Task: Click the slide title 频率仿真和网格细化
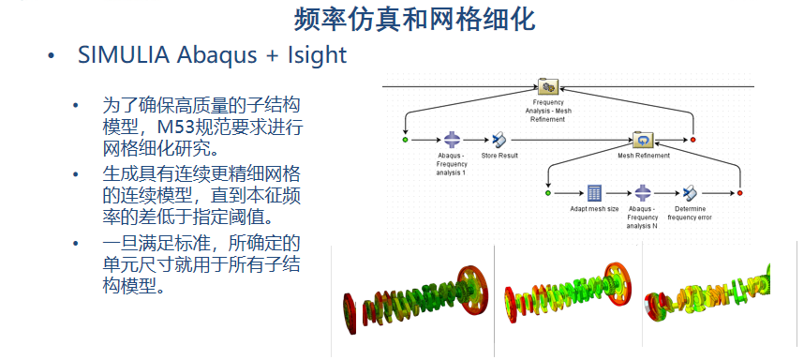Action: point(415,20)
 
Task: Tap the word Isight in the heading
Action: point(318,55)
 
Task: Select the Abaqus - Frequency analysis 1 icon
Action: point(452,140)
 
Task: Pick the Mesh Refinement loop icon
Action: point(643,140)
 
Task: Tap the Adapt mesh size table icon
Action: point(594,193)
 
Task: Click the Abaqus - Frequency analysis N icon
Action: point(643,193)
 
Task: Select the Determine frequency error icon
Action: point(691,193)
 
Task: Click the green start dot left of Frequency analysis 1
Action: point(405,140)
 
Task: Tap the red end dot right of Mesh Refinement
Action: point(692,140)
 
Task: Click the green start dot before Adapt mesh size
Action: point(547,193)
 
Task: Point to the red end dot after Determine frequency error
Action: point(739,193)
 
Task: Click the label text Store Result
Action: point(499,156)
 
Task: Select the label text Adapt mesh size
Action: point(594,209)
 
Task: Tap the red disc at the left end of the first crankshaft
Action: point(350,314)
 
